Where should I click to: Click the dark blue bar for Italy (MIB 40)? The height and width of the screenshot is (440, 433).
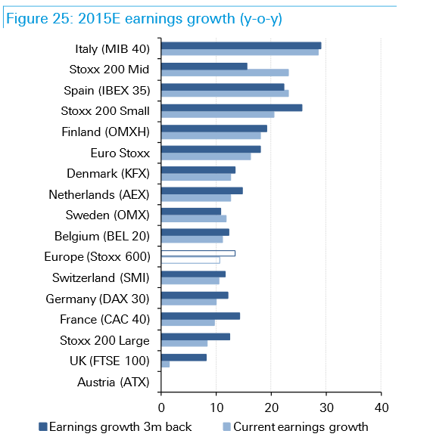pyautogui.click(x=241, y=45)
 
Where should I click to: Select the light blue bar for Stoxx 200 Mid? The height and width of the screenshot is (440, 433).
pyautogui.click(x=225, y=73)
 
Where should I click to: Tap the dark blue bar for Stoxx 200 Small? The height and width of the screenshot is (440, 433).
pyautogui.click(x=232, y=108)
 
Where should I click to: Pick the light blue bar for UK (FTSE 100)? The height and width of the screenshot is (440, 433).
pyautogui.click(x=165, y=364)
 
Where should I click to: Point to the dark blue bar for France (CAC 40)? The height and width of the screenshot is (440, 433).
pyautogui.click(x=201, y=316)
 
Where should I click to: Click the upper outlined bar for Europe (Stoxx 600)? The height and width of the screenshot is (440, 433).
pyautogui.click(x=198, y=253)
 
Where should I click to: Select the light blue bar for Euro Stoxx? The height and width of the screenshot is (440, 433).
pyautogui.click(x=206, y=156)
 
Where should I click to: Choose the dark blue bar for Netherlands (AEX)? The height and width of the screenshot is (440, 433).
pyautogui.click(x=202, y=191)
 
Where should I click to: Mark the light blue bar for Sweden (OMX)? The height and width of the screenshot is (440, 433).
pyautogui.click(x=194, y=218)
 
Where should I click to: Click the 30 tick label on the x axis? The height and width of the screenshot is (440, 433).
pyautogui.click(x=326, y=407)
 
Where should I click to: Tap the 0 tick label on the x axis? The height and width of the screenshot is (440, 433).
pyautogui.click(x=161, y=407)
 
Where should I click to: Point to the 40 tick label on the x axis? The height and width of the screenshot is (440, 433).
pyautogui.click(x=382, y=407)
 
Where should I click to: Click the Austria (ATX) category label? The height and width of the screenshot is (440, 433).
pyautogui.click(x=114, y=383)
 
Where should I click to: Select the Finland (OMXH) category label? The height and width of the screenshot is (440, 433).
pyautogui.click(x=106, y=132)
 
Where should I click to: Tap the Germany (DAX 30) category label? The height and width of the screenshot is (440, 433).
pyautogui.click(x=98, y=299)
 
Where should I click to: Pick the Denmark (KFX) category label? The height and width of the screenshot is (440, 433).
pyautogui.click(x=108, y=173)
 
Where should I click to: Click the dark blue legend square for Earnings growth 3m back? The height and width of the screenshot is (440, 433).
pyautogui.click(x=42, y=427)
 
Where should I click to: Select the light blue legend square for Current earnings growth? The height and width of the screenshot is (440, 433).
pyautogui.click(x=227, y=427)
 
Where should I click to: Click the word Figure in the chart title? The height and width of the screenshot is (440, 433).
pyautogui.click(x=27, y=19)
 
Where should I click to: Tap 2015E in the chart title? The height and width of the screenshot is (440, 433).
pyautogui.click(x=99, y=19)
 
